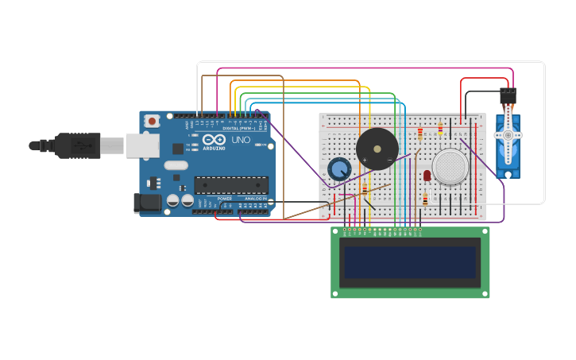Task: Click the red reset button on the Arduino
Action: pyautogui.click(x=152, y=121)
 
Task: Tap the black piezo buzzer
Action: pyautogui.click(x=377, y=149)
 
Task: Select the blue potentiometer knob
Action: pyautogui.click(x=339, y=169)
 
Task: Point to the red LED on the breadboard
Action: pyautogui.click(x=427, y=175)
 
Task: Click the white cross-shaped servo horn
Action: pyautogui.click(x=508, y=136)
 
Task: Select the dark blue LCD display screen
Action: pyautogui.click(x=410, y=261)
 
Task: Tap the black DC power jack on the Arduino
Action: pyautogui.click(x=147, y=203)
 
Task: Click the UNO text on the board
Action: pyautogui.click(x=240, y=140)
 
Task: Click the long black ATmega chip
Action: pyautogui.click(x=231, y=185)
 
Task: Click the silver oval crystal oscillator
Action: pyautogui.click(x=176, y=166)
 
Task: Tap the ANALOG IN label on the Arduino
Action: pyautogui.click(x=255, y=199)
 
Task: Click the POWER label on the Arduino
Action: pyautogui.click(x=225, y=199)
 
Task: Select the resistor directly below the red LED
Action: pyautogui.click(x=425, y=199)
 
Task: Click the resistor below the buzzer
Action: pyautogui.click(x=365, y=190)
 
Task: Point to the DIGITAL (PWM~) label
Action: pyautogui.click(x=239, y=128)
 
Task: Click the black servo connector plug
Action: pyautogui.click(x=508, y=95)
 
